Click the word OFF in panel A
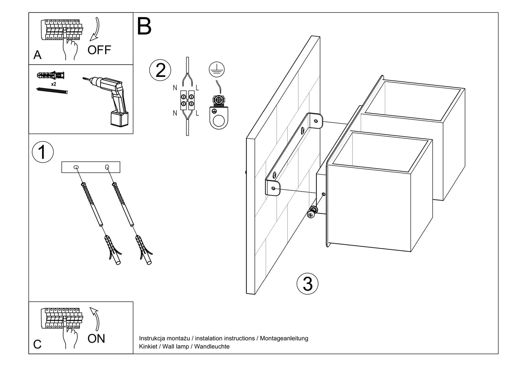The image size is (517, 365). point(99,50)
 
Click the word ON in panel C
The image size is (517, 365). point(96,339)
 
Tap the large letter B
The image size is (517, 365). point(144,26)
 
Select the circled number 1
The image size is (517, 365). point(43,152)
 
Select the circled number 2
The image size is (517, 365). point(160,70)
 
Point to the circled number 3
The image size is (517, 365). point(307,284)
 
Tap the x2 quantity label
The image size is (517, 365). point(54,84)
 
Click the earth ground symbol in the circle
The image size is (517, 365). point(216,69)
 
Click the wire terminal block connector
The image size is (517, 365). point(187,99)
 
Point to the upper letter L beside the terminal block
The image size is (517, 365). point(197,88)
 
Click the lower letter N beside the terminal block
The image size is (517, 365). point(175,113)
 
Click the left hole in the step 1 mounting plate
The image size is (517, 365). point(76,167)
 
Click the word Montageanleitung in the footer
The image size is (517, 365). point(284,339)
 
